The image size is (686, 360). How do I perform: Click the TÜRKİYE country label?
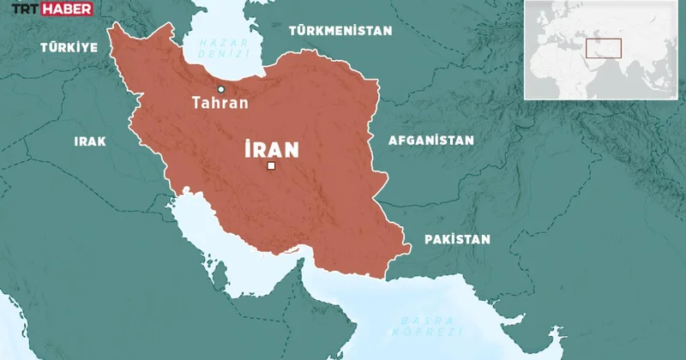coord(69,48)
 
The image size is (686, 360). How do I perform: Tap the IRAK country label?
coord(90,141)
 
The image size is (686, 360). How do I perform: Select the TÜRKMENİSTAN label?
coord(340,30)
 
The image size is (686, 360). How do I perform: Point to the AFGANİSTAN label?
coord(430,140)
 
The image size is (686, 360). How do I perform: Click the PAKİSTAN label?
coord(457,239)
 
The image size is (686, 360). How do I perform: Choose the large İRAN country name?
coord(271,150)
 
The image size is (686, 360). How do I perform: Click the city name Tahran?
coord(220,103)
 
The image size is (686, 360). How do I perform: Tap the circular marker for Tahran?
coord(221,89)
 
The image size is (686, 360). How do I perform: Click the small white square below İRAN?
coord(271,166)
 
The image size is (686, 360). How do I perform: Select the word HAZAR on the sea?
coord(218,41)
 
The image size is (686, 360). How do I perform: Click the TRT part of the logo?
coord(22,10)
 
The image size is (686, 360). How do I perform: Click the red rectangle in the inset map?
coord(603,47)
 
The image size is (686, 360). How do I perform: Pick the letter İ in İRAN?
coord(248,150)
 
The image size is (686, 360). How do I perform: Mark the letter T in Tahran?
coord(196,103)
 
